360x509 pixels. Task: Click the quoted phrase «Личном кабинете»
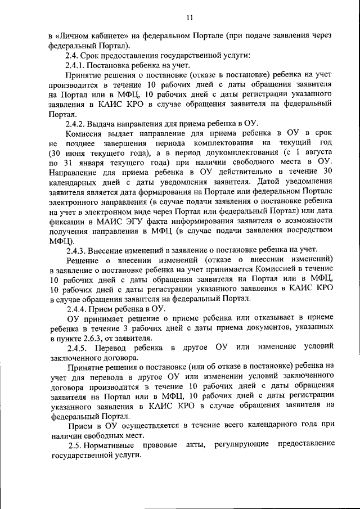[x=85, y=35]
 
